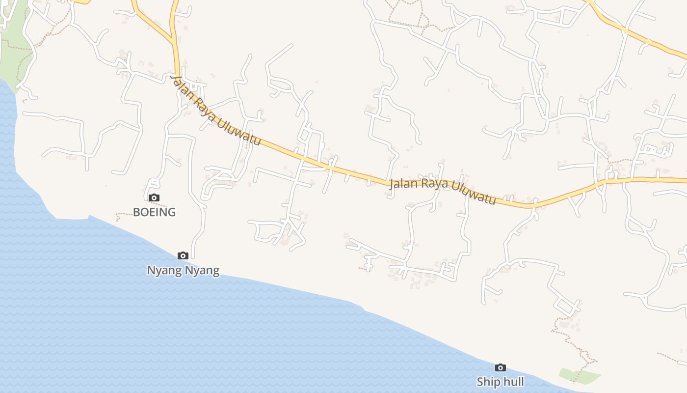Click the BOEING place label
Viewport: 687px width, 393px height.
coord(154,212)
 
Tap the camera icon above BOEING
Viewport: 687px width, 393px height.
coord(154,197)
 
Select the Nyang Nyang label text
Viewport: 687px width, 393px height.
coord(183,270)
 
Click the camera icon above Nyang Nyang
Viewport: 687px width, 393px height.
coord(183,255)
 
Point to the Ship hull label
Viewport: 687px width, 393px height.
coord(500,382)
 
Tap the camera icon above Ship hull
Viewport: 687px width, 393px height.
coord(500,367)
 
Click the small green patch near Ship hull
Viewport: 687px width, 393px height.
coord(579,376)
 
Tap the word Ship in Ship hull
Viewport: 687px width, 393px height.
coord(487,382)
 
